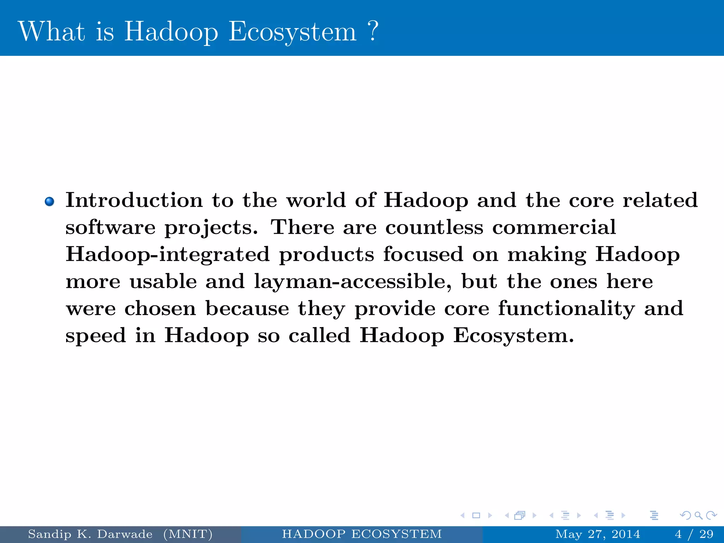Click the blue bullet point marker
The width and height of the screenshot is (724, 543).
click(49, 202)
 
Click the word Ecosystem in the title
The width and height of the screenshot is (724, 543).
click(292, 32)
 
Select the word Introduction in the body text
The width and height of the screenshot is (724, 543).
click(134, 200)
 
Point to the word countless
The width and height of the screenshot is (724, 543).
click(434, 227)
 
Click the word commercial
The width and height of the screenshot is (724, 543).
click(554, 227)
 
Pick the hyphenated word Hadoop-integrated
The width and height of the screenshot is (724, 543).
click(168, 255)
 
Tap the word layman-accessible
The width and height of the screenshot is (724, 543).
click(352, 282)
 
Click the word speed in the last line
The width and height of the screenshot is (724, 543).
click(96, 335)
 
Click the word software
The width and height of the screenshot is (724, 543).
click(110, 227)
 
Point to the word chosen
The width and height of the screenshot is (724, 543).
click(160, 308)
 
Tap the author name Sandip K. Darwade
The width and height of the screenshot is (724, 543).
click(90, 534)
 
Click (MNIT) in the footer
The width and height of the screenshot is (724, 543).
click(188, 534)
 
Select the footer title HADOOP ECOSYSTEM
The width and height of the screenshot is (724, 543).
click(362, 534)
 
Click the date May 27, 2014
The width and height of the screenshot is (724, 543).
click(598, 534)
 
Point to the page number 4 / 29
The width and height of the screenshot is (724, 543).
click(694, 534)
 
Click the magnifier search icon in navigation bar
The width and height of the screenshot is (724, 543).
click(698, 515)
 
